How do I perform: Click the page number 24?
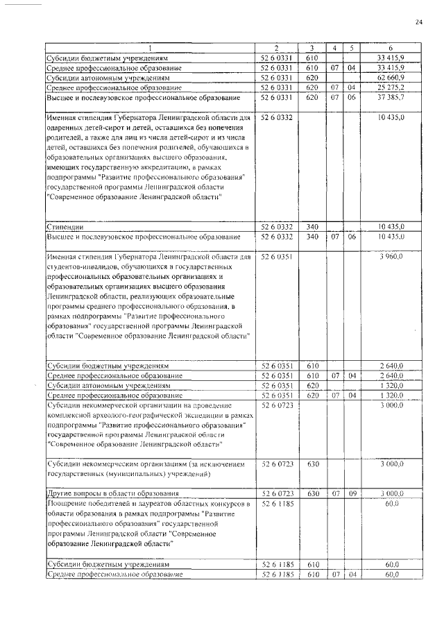point(418,22)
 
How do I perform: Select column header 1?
point(149,48)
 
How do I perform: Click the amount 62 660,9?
point(391,78)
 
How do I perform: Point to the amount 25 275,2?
point(391,87)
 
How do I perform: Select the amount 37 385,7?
point(391,98)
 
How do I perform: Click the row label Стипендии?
point(65,227)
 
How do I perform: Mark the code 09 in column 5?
point(352,493)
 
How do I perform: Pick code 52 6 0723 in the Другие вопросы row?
point(277,493)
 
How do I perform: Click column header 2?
point(277,48)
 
